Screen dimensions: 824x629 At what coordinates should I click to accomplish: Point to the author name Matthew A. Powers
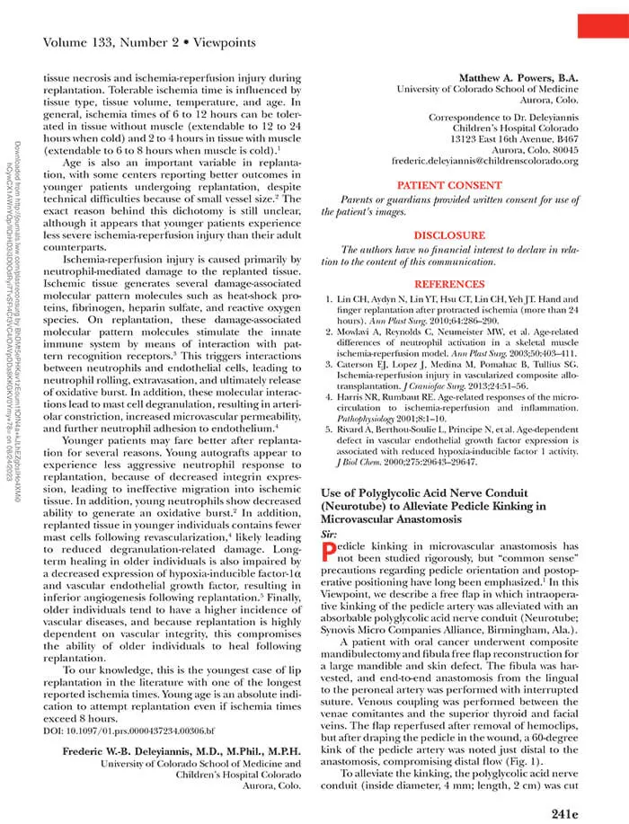click(x=513, y=80)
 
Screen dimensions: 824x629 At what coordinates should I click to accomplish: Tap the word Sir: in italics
click(x=330, y=534)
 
